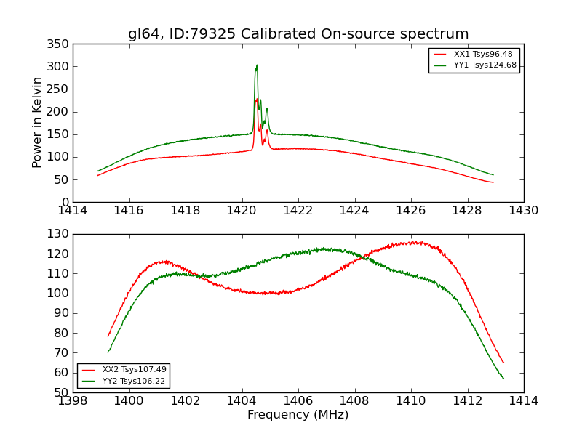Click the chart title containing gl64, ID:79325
(298, 34)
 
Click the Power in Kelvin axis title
(37, 123)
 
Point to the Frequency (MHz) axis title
(298, 415)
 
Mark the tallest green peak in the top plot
(256, 65)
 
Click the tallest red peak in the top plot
(256, 100)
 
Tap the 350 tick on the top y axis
(60, 44)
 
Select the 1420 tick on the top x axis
(242, 211)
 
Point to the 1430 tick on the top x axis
(523, 211)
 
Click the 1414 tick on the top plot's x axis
(73, 211)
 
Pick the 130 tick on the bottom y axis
(60, 234)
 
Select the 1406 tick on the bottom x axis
(298, 401)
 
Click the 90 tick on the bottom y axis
(63, 313)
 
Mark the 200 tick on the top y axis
(60, 112)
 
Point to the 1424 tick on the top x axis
(354, 211)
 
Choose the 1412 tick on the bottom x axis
(467, 401)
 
